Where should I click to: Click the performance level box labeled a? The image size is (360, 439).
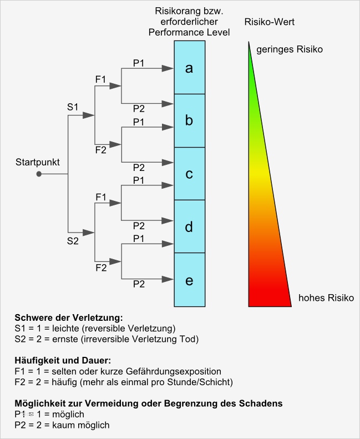[x=189, y=68]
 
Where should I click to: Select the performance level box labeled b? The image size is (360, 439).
[x=189, y=120]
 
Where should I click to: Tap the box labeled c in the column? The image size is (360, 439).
[x=189, y=174]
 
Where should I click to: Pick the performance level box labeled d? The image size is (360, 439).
[x=189, y=226]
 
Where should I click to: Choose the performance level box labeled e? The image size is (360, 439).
[x=189, y=280]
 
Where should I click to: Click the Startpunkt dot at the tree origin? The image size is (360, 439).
[x=39, y=174]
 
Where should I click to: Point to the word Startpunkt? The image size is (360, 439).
[x=38, y=162]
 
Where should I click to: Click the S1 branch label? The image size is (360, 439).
[x=73, y=105]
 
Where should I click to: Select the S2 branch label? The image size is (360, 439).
[x=73, y=241]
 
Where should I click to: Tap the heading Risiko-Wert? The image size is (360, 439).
[x=269, y=23]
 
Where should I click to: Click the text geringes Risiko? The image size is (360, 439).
[x=289, y=49]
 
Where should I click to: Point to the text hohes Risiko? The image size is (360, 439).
[x=326, y=298]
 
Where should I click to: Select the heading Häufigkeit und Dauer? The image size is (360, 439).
[x=64, y=361]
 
